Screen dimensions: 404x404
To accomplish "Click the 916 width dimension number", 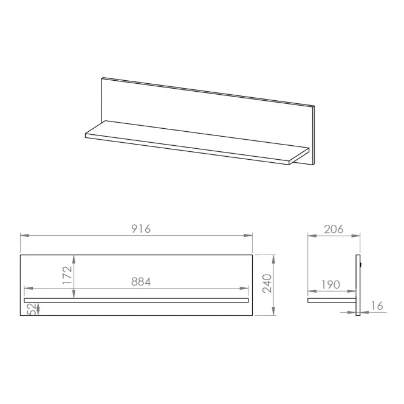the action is pyautogui.click(x=141, y=229).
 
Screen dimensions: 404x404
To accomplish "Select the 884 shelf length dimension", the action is pyautogui.click(x=141, y=282).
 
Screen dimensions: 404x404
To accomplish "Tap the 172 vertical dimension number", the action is pyautogui.click(x=67, y=275).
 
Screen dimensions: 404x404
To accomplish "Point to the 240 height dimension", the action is pyautogui.click(x=267, y=284).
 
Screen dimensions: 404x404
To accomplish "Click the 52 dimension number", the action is pyautogui.click(x=32, y=309).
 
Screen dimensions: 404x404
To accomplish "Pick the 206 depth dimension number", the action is pyautogui.click(x=334, y=229).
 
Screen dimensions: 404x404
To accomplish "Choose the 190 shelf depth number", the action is pyautogui.click(x=331, y=285).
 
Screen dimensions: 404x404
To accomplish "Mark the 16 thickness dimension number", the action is pyautogui.click(x=377, y=306).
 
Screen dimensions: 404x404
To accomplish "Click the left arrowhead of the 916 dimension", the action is pyautogui.click(x=24, y=236).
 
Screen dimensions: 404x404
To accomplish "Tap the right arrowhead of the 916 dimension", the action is pyautogui.click(x=248, y=236).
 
